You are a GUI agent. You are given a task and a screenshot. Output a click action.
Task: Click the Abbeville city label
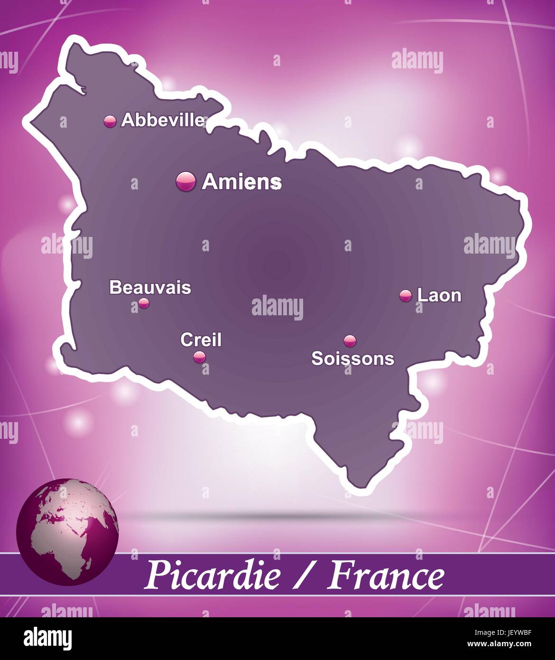(163, 120)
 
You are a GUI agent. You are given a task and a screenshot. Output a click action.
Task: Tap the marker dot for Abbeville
(110, 121)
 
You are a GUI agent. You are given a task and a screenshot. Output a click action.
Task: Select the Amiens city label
(242, 181)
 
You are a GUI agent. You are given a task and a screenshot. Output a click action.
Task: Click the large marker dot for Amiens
(185, 181)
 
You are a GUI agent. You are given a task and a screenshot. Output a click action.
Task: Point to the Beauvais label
(150, 287)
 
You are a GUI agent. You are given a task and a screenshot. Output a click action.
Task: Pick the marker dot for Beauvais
(144, 303)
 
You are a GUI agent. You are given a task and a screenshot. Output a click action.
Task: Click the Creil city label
(201, 339)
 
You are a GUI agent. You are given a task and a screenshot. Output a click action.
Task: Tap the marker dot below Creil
(199, 356)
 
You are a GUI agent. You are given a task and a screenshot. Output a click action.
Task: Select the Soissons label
(352, 358)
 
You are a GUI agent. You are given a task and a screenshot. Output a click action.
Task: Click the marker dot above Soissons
(350, 340)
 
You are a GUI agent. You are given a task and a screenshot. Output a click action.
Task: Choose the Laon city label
(439, 295)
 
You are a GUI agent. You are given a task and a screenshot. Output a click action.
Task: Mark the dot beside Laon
(406, 296)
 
